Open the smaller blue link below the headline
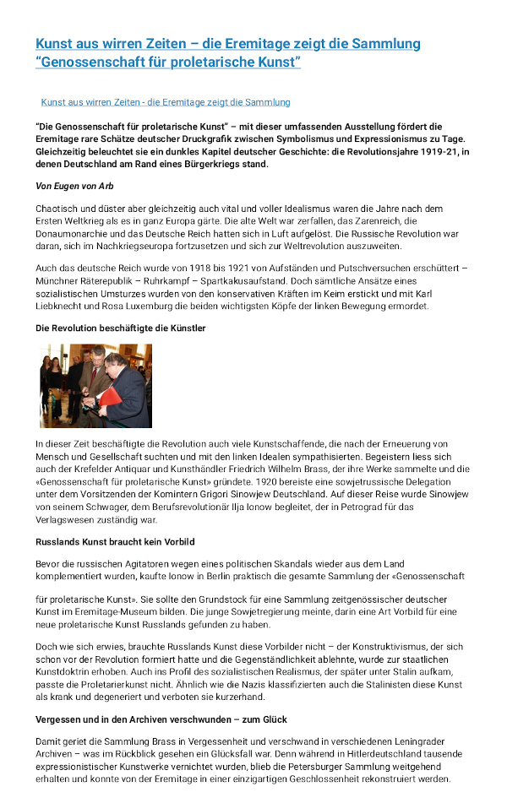(x=165, y=102)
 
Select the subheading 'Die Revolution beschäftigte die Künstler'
(x=121, y=327)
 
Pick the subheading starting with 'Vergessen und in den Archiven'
(x=161, y=719)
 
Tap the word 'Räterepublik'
(x=107, y=279)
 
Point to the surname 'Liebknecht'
(x=63, y=306)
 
